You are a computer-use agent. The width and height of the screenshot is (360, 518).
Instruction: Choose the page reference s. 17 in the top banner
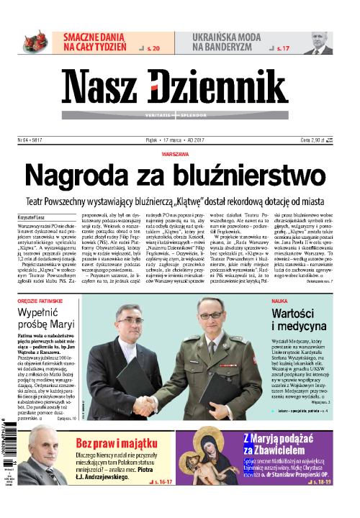tap(286, 49)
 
